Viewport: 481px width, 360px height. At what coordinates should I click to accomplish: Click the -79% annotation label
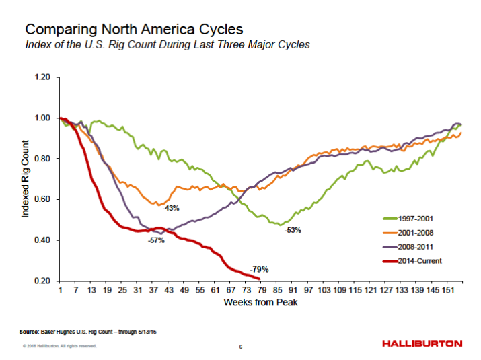(259, 269)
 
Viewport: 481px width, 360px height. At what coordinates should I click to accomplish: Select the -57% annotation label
(156, 240)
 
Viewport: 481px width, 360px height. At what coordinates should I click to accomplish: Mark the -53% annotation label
(292, 230)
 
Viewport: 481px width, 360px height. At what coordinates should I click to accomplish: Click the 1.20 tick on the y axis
(42, 77)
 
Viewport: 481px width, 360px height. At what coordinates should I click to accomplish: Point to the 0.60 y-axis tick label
(42, 200)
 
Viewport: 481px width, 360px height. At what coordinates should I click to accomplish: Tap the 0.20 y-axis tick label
(42, 281)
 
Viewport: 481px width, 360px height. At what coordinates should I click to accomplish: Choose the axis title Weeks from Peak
(260, 303)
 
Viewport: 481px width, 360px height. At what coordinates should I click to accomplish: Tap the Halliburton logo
(422, 344)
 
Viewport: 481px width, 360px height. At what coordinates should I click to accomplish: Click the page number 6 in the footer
(240, 347)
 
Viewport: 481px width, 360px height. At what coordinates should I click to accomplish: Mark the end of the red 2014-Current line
(259, 279)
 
